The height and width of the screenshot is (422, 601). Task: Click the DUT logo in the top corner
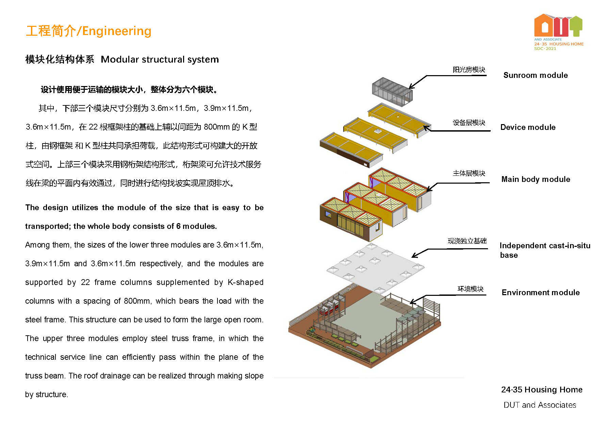(558, 32)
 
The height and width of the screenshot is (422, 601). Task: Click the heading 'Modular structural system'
(160, 60)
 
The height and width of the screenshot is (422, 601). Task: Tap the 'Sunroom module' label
(535, 75)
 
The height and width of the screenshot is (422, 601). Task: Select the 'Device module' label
(528, 127)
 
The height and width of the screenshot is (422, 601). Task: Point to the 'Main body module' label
(536, 179)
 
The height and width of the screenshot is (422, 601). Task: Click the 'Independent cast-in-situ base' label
(545, 250)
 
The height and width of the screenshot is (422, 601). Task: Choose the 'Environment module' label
(540, 292)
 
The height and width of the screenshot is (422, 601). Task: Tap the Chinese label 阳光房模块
(469, 70)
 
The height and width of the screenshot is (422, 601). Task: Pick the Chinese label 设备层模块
(469, 123)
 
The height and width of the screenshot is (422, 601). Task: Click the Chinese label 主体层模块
(469, 173)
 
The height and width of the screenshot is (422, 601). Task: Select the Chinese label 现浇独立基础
(467, 241)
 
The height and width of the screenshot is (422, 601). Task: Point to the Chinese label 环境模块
(470, 289)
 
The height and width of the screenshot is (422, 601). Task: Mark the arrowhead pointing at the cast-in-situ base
(414, 255)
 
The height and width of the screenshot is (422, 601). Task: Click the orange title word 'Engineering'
(117, 31)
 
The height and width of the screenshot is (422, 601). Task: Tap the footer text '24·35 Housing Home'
(542, 390)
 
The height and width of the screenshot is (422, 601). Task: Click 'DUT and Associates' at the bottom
(540, 405)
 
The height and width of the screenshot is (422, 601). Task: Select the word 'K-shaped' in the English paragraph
(245, 282)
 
